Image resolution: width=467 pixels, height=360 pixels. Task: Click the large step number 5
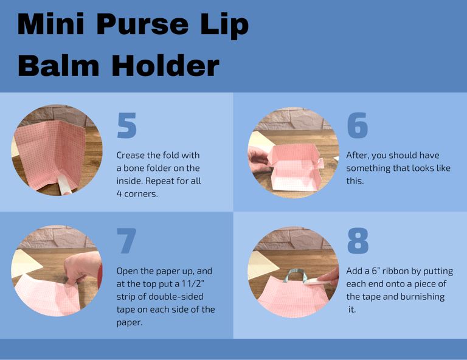pos(127,125)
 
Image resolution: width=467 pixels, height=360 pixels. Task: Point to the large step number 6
pos(358,125)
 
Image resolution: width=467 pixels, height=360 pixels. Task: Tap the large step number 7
pos(126,241)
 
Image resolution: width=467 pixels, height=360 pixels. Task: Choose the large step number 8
pos(358,241)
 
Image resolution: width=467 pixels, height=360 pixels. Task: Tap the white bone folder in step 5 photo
pos(64,184)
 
